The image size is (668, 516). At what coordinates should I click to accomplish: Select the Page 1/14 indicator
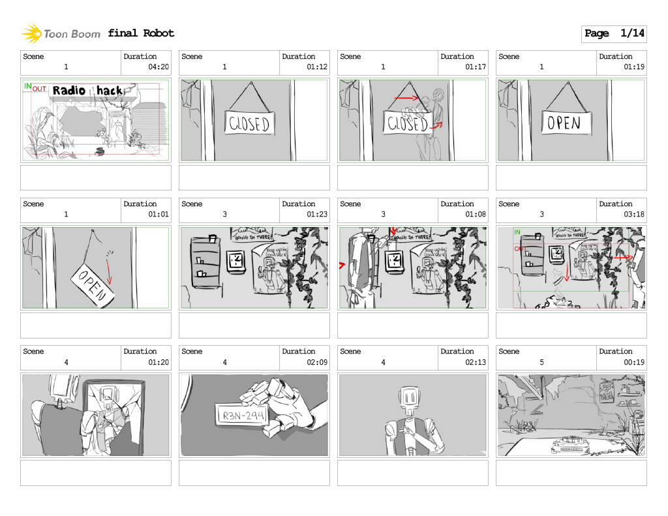click(613, 33)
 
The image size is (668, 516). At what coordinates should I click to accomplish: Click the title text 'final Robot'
click(141, 33)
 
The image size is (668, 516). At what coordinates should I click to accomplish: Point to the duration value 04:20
click(159, 67)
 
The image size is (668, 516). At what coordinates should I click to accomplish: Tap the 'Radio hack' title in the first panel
click(87, 91)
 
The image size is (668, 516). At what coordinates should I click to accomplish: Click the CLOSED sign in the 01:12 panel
click(249, 123)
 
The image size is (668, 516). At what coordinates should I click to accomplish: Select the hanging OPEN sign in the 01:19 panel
click(565, 123)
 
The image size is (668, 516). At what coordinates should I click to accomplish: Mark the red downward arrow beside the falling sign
click(109, 271)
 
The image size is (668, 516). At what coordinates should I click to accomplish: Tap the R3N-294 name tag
click(239, 414)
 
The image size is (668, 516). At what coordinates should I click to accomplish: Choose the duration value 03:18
click(634, 214)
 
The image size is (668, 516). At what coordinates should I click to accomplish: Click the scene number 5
click(541, 362)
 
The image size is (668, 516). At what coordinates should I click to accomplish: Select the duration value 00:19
click(634, 361)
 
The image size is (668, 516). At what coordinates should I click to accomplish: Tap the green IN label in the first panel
click(27, 85)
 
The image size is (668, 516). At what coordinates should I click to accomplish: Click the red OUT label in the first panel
click(39, 89)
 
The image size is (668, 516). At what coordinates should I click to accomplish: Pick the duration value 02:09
click(317, 361)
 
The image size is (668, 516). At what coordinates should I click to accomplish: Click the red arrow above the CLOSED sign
click(406, 99)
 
